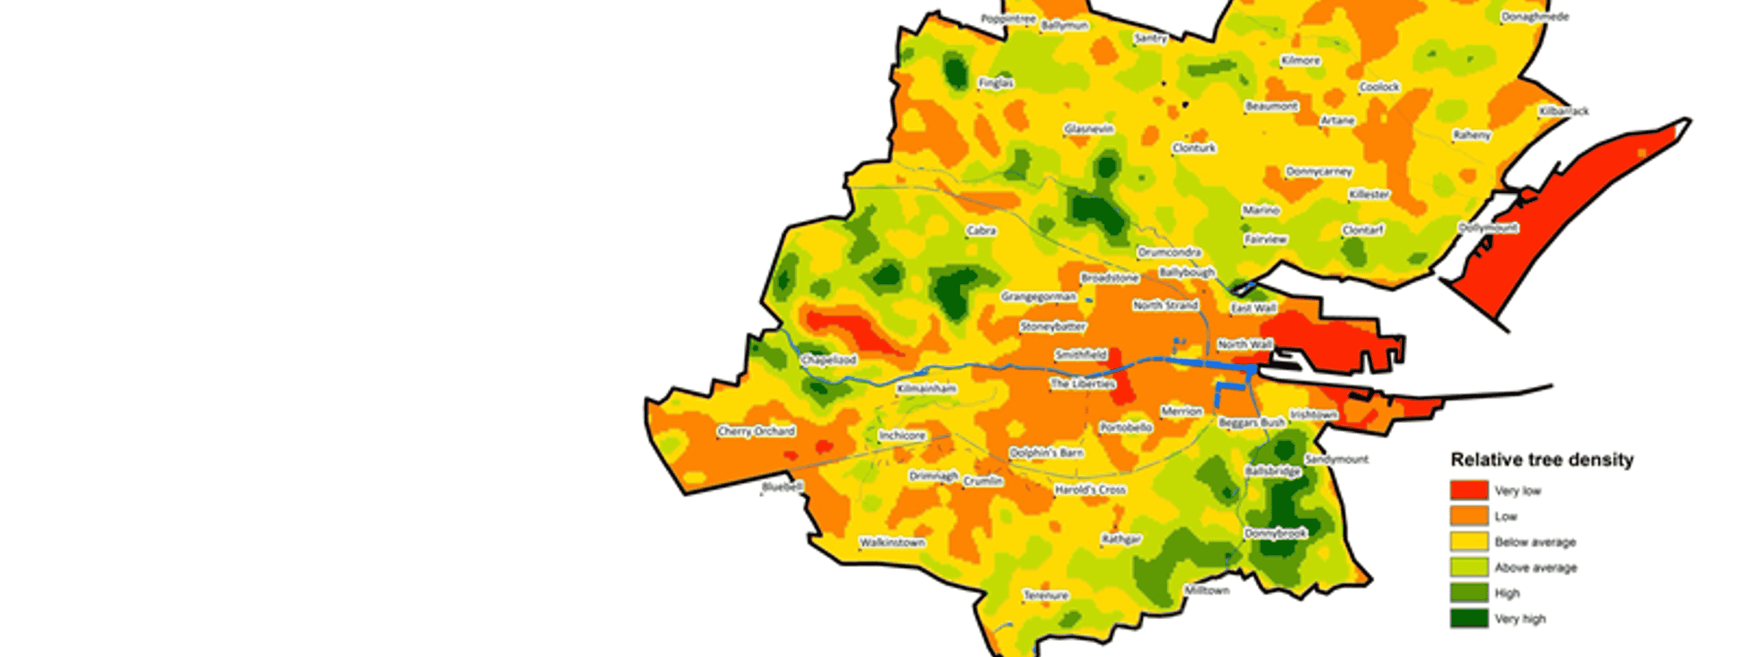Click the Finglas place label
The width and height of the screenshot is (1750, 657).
pyautogui.click(x=996, y=83)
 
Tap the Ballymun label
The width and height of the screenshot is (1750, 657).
pyautogui.click(x=1064, y=25)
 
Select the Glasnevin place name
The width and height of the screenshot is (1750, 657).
pyautogui.click(x=1089, y=129)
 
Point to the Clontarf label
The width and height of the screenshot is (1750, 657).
pyautogui.click(x=1363, y=230)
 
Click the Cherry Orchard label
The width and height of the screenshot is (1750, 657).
pyautogui.click(x=756, y=431)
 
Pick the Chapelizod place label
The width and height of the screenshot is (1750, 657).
pyautogui.click(x=829, y=359)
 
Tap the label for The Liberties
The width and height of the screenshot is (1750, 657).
pyautogui.click(x=1083, y=384)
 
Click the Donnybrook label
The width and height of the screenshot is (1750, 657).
pyautogui.click(x=1276, y=533)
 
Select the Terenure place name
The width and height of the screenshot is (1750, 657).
pyautogui.click(x=1046, y=595)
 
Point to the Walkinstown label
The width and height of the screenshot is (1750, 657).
pyautogui.click(x=893, y=543)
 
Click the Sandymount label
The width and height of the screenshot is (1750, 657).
pyautogui.click(x=1337, y=459)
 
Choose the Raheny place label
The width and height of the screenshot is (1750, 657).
pyautogui.click(x=1472, y=135)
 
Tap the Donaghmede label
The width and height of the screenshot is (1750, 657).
pyautogui.click(x=1535, y=17)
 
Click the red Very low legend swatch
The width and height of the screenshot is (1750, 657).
pyautogui.click(x=1469, y=490)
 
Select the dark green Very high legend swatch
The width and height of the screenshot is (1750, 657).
pyautogui.click(x=1469, y=618)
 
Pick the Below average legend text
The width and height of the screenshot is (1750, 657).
pyautogui.click(x=1535, y=542)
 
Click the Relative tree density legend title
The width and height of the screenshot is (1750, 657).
pyautogui.click(x=1542, y=460)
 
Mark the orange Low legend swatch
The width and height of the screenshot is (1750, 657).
pyautogui.click(x=1469, y=516)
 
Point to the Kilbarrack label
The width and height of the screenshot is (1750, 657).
pyautogui.click(x=1564, y=111)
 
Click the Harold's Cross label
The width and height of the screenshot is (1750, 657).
pyautogui.click(x=1090, y=490)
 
